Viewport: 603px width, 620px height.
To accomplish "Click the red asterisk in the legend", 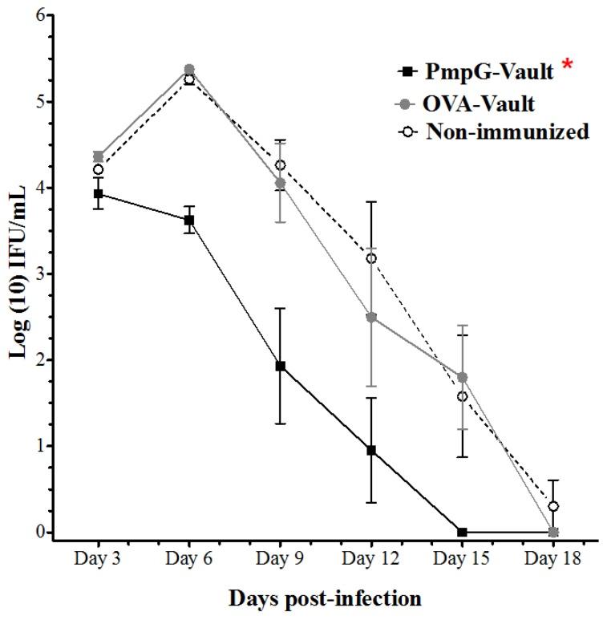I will click(x=568, y=67).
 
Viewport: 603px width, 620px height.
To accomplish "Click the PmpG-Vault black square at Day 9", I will click(x=280, y=366).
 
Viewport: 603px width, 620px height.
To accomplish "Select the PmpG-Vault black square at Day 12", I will click(x=371, y=450).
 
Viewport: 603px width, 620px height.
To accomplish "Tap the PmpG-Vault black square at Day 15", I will click(x=462, y=532).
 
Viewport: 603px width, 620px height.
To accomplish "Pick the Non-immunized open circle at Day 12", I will click(x=371, y=258).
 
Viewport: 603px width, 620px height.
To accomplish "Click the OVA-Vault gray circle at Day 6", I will click(x=189, y=69).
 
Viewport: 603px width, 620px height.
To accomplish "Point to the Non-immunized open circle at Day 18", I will click(x=553, y=506).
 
